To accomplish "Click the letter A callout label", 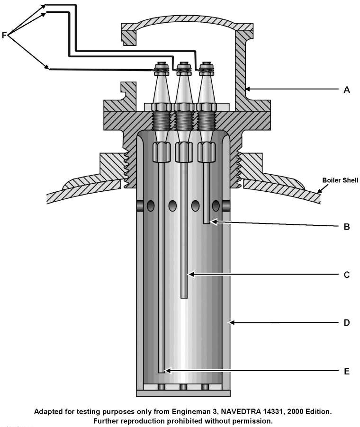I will pyautogui.click(x=346, y=89).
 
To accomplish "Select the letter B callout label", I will pyautogui.click(x=346, y=226).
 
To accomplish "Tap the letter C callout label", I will pyautogui.click(x=346, y=275).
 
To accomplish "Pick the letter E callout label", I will pyautogui.click(x=346, y=371).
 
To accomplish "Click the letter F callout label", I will pyautogui.click(x=5, y=35).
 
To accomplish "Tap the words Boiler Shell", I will pyautogui.click(x=340, y=180).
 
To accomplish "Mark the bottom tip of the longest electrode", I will pyautogui.click(x=162, y=372).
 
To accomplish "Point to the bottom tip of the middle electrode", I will pyautogui.click(x=184, y=296).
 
